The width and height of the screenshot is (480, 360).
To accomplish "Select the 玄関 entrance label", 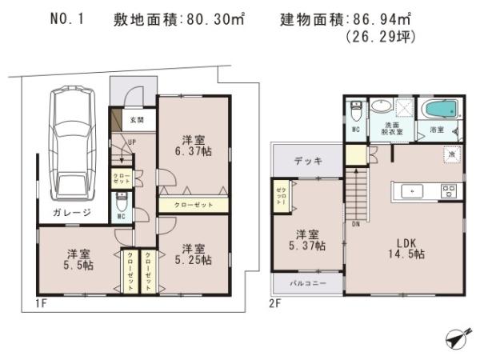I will [x=137, y=121].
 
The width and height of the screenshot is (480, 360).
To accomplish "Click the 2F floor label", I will [x=275, y=304].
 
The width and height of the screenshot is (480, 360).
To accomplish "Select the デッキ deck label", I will [x=307, y=161].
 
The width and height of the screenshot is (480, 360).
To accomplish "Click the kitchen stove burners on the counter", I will [x=447, y=190].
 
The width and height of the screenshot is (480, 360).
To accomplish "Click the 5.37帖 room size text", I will [x=308, y=246].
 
